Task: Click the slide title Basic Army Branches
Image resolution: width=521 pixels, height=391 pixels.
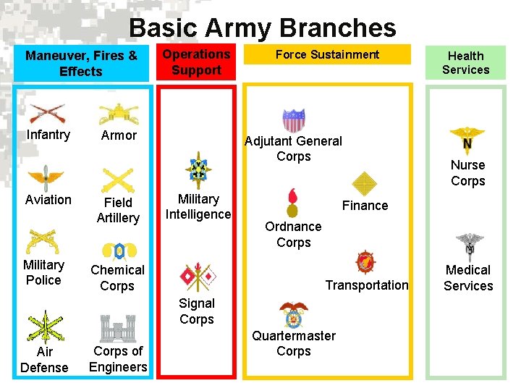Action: pyautogui.click(x=262, y=28)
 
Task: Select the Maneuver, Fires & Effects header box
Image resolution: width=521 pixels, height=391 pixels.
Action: pyautogui.click(x=81, y=63)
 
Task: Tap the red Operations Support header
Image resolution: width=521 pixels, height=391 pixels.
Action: pyautogui.click(x=196, y=62)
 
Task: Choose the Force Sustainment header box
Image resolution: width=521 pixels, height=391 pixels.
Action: pyautogui.click(x=327, y=54)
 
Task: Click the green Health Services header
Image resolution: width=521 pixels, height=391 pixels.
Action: pyautogui.click(x=465, y=63)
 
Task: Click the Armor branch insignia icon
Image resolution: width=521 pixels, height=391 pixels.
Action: pyautogui.click(x=118, y=112)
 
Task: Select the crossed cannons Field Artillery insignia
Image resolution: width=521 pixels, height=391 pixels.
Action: pyautogui.click(x=118, y=178)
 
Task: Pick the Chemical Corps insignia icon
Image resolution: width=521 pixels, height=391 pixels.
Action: pyautogui.click(x=118, y=251)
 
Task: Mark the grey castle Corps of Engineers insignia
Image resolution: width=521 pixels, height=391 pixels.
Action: pyautogui.click(x=118, y=328)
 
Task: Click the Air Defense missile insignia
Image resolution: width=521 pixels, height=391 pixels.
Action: pyautogui.click(x=44, y=327)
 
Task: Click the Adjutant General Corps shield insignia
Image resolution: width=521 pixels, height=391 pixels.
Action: pyautogui.click(x=294, y=119)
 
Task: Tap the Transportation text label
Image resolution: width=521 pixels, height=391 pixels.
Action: pyautogui.click(x=367, y=285)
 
